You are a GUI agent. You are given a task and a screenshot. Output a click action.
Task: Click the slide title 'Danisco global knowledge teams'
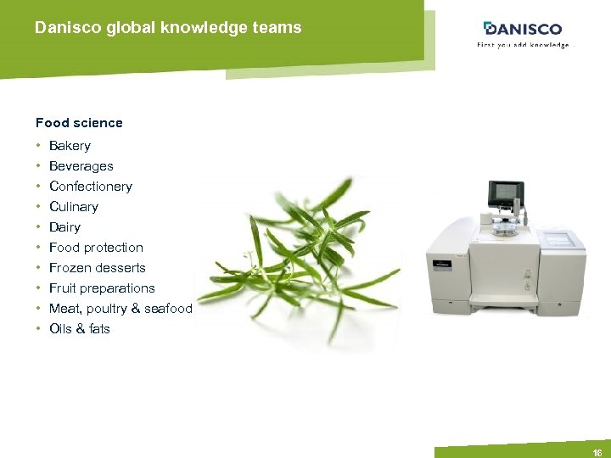click(168, 28)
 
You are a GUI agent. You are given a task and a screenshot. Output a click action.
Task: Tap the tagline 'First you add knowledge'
click(522, 45)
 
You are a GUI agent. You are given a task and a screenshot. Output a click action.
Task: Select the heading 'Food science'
click(79, 123)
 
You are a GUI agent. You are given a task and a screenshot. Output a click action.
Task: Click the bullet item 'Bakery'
click(70, 146)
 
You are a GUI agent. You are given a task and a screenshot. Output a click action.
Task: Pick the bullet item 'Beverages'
click(81, 166)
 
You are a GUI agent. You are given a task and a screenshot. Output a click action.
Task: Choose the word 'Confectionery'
click(91, 187)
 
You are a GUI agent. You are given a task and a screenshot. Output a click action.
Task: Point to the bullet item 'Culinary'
click(74, 207)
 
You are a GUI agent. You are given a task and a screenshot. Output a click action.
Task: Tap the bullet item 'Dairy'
click(64, 227)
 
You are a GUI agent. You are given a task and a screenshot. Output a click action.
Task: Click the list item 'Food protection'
click(96, 248)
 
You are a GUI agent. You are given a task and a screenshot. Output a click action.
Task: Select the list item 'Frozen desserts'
click(98, 268)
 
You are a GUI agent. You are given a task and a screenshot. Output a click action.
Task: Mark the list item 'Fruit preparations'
click(102, 288)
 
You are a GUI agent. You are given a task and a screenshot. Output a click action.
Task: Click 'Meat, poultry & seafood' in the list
click(121, 309)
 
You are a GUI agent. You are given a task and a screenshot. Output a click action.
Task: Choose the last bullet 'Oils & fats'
click(80, 329)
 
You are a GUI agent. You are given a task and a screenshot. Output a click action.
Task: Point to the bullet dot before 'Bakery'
click(38, 146)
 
